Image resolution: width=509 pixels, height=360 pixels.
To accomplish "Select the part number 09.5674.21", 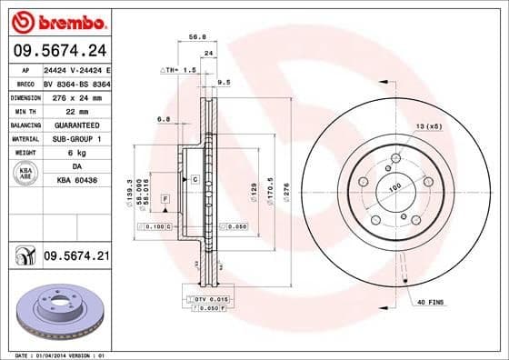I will (76, 256).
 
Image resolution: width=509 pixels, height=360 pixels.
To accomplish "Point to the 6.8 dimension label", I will (164, 119).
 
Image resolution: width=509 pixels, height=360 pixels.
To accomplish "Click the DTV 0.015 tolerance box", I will (210, 299).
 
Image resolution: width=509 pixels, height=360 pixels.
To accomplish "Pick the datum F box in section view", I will (165, 197).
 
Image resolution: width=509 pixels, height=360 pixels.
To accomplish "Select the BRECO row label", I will (25, 82).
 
